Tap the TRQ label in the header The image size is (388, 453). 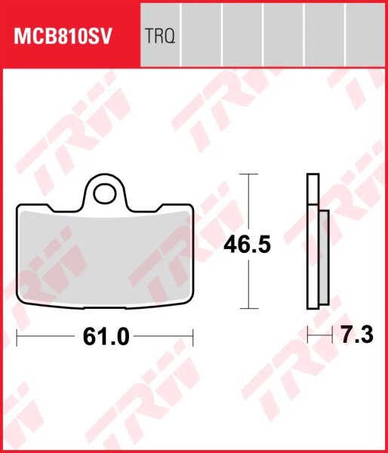click(161, 35)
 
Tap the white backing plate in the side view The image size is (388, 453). click(312, 242)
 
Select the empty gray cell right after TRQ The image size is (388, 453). click(202, 35)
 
